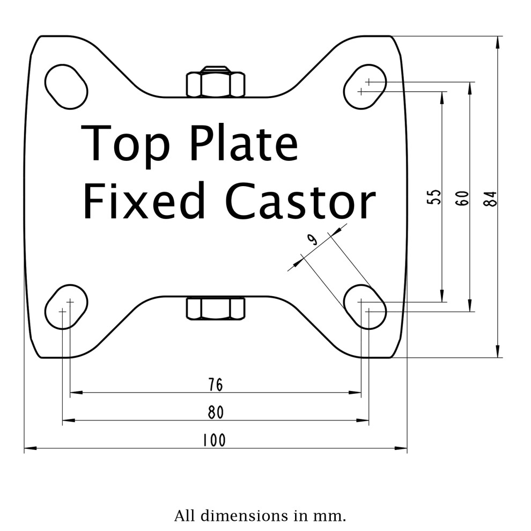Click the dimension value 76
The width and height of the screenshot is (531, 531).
[216, 385]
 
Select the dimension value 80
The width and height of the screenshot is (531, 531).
[216, 412]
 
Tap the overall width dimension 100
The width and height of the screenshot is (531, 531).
[214, 440]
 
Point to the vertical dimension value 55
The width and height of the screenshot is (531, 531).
[434, 197]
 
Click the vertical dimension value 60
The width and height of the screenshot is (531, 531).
[462, 198]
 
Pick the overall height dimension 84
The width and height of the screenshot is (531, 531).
[490, 198]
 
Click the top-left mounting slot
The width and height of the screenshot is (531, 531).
[67, 87]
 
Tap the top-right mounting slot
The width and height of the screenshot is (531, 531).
[365, 87]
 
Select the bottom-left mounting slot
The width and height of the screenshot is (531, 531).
[67, 307]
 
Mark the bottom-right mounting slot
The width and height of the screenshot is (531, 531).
[365, 307]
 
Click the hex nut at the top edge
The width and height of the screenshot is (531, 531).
[216, 82]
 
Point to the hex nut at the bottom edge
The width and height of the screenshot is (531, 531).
[216, 308]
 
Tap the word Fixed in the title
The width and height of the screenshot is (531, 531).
[144, 200]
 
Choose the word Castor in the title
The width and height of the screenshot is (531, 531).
[301, 201]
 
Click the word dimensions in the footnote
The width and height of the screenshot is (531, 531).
[244, 516]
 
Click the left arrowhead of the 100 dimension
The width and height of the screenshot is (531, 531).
[31, 448]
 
